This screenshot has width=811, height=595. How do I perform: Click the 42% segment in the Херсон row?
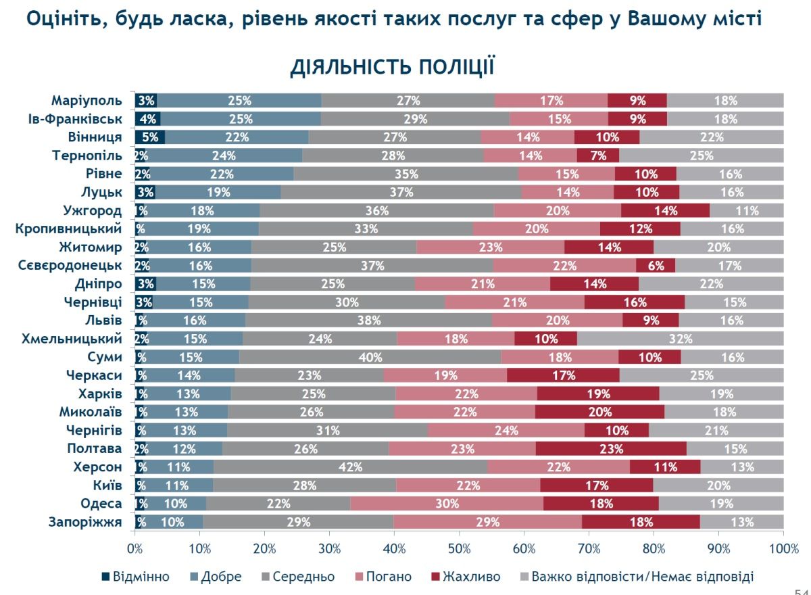[351, 467]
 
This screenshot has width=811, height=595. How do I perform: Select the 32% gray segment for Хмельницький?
[681, 338]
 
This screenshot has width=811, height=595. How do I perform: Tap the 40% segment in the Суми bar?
[370, 357]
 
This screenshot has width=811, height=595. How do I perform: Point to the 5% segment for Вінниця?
[150, 137]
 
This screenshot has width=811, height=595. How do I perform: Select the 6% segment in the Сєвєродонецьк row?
[656, 266]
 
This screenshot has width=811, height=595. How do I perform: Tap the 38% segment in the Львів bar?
[369, 320]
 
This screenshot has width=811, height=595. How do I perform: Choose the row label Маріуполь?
[87, 101]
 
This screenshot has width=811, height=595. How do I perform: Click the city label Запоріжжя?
[85, 521]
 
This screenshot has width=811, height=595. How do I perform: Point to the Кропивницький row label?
[69, 229]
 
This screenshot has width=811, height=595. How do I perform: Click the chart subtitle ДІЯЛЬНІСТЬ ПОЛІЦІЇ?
[392, 68]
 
